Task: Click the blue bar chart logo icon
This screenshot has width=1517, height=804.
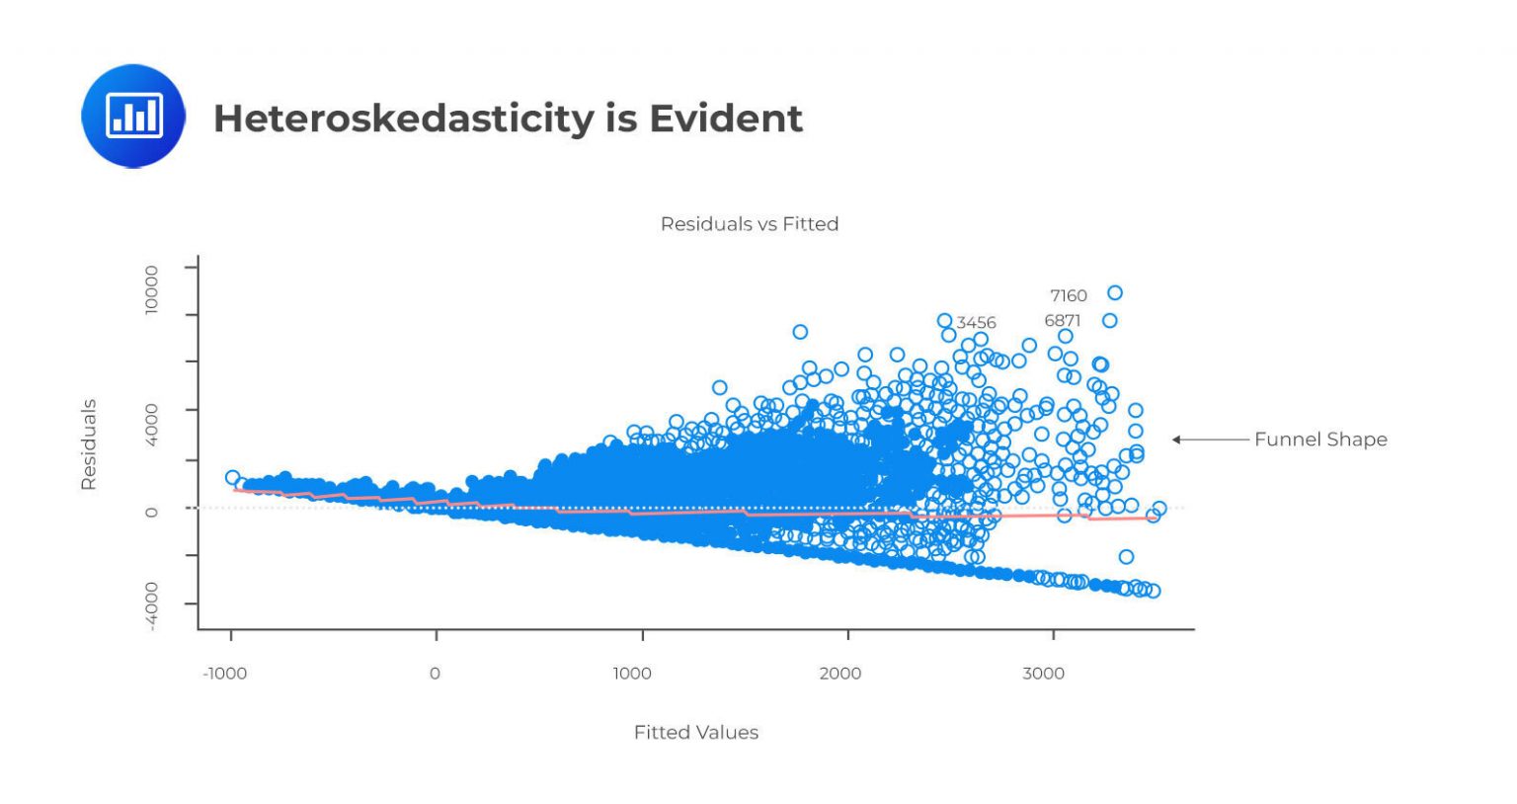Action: pyautogui.click(x=133, y=116)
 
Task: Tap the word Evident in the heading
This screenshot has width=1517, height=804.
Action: pyautogui.click(x=725, y=119)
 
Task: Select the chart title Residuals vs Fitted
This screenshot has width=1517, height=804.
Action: pyautogui.click(x=749, y=224)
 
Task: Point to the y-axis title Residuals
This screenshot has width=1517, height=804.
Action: pyautogui.click(x=89, y=444)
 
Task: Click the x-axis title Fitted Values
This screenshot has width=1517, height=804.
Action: pyautogui.click(x=695, y=732)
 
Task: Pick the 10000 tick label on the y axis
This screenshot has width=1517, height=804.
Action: pyautogui.click(x=151, y=289)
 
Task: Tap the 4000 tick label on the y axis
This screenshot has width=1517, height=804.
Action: pyautogui.click(x=151, y=425)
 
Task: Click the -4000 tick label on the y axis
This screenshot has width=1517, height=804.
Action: pyautogui.click(x=151, y=605)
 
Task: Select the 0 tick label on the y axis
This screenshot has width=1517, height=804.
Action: pyautogui.click(x=151, y=512)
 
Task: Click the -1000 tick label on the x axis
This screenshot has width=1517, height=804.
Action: pyautogui.click(x=224, y=674)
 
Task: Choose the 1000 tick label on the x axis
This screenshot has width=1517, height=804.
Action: pyautogui.click(x=632, y=674)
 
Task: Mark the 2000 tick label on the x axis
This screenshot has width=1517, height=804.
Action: pyautogui.click(x=839, y=674)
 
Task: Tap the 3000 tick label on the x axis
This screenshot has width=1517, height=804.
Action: pyautogui.click(x=1043, y=674)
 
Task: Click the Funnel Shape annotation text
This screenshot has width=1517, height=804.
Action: pyautogui.click(x=1320, y=440)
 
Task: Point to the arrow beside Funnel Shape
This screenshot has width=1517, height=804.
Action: pyautogui.click(x=1210, y=440)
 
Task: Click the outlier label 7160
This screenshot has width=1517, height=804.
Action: pyautogui.click(x=1068, y=295)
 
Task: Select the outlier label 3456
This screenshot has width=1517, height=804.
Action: pyautogui.click(x=976, y=323)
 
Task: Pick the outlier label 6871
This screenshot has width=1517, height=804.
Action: pyautogui.click(x=1062, y=321)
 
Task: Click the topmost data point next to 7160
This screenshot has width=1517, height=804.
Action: pyautogui.click(x=1115, y=292)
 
